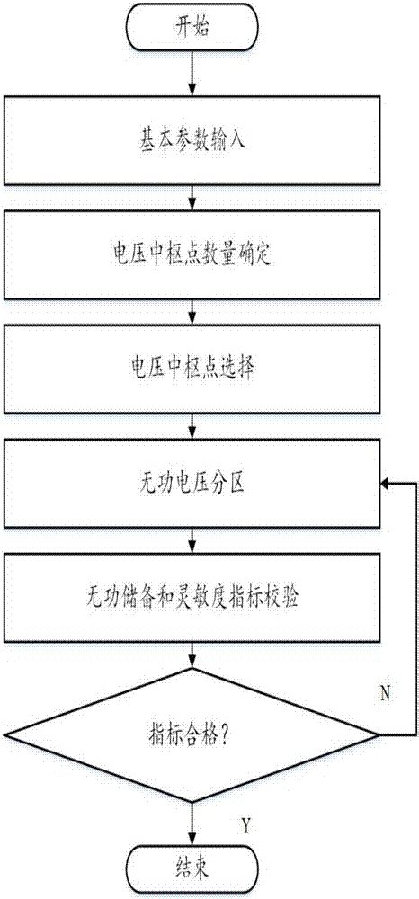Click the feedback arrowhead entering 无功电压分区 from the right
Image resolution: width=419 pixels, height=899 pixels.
[386, 485]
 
